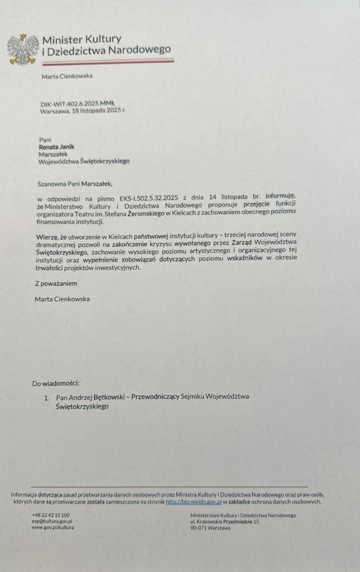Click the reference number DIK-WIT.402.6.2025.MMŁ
tap(77, 104)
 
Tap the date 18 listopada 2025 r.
tap(99, 111)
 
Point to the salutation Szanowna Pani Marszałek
tap(75, 184)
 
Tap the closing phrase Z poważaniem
tap(56, 283)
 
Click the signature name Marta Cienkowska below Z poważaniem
tap(62, 299)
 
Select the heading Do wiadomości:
tap(55, 383)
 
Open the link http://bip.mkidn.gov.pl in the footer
tap(194, 502)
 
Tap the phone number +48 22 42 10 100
tap(51, 515)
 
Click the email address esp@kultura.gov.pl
tap(52, 521)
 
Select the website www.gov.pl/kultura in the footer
tap(53, 527)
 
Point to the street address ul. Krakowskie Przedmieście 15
tap(225, 521)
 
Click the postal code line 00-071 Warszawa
tap(211, 528)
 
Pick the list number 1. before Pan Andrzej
tap(47, 398)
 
